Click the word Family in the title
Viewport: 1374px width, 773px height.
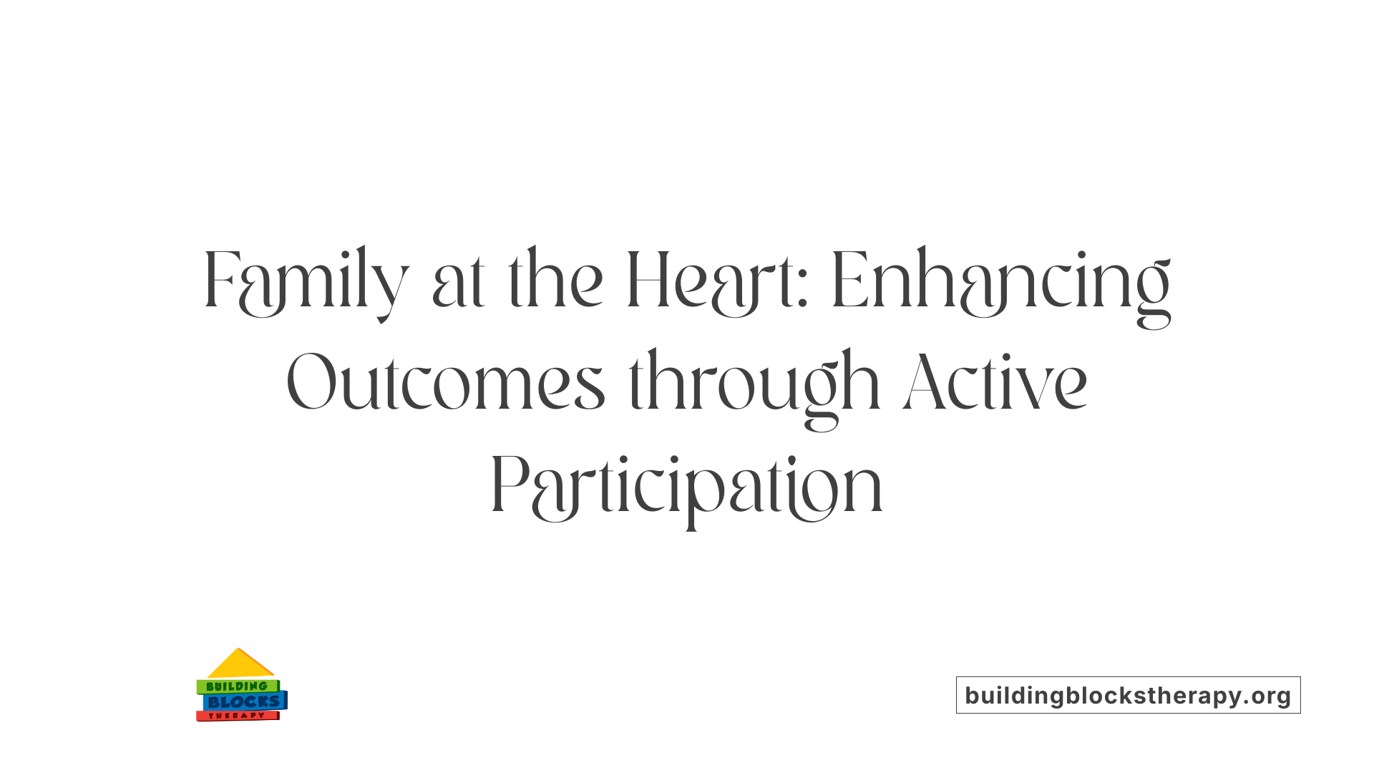pyautogui.click(x=306, y=281)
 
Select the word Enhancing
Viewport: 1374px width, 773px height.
pyautogui.click(x=1000, y=281)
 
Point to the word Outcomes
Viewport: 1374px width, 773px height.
pyautogui.click(x=445, y=384)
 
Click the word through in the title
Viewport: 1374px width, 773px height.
pyautogui.click(x=754, y=384)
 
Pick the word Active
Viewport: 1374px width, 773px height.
pyautogui.click(x=995, y=384)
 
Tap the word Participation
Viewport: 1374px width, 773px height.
pyautogui.click(x=687, y=487)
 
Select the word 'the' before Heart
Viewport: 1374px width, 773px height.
pyautogui.click(x=555, y=281)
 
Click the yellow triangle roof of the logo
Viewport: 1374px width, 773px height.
pyautogui.click(x=239, y=664)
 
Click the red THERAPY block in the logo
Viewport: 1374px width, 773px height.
pyautogui.click(x=237, y=716)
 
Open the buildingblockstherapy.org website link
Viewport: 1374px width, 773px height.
pyautogui.click(x=1128, y=695)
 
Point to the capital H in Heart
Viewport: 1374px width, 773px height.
pyautogui.click(x=647, y=281)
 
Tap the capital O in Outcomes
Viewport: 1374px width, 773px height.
pyautogui.click(x=311, y=384)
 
